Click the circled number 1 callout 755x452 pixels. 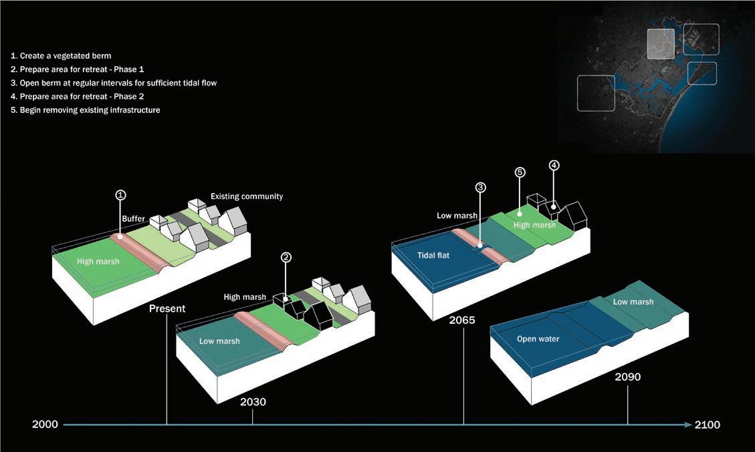120,195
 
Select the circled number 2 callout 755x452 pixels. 286,257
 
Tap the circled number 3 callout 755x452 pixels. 480,188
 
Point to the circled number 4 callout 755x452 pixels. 554,165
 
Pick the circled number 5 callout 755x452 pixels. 520,172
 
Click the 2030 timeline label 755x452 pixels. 253,402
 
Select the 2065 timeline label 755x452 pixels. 461,320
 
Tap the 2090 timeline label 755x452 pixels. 627,377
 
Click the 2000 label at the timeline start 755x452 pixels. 45,425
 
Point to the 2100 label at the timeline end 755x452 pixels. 708,425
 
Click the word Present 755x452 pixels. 167,308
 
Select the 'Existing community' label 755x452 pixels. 247,196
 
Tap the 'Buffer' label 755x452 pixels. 134,218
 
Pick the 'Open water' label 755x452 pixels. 538,338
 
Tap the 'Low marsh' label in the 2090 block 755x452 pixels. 633,302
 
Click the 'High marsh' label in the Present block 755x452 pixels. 98,261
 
